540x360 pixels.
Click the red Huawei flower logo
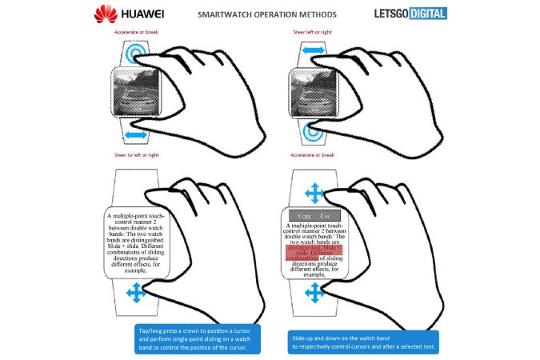pos(105,14)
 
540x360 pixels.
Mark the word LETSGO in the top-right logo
pos(389,14)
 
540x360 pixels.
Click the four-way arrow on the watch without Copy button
pos(136,294)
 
